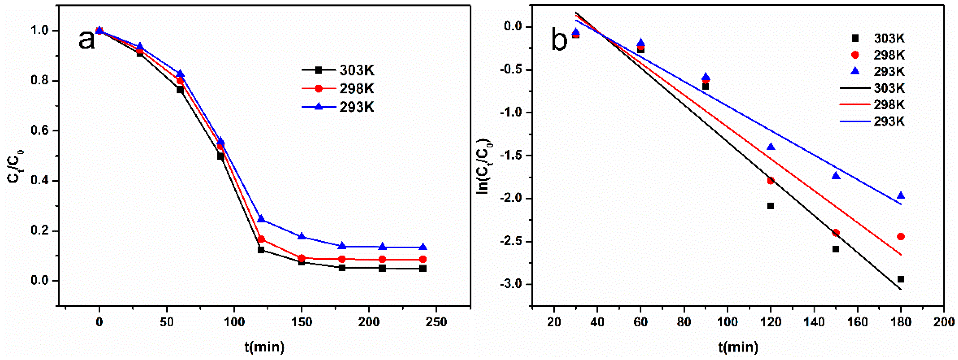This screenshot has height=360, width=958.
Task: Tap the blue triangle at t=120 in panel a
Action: (x=261, y=219)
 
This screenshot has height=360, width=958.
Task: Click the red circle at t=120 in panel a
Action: (x=261, y=239)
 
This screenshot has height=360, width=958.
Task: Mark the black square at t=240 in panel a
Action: (x=423, y=269)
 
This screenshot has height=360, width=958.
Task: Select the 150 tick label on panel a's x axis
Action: (x=301, y=322)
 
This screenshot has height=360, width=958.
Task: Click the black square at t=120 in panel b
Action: (x=771, y=206)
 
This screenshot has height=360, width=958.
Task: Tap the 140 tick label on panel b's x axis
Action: (x=814, y=322)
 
